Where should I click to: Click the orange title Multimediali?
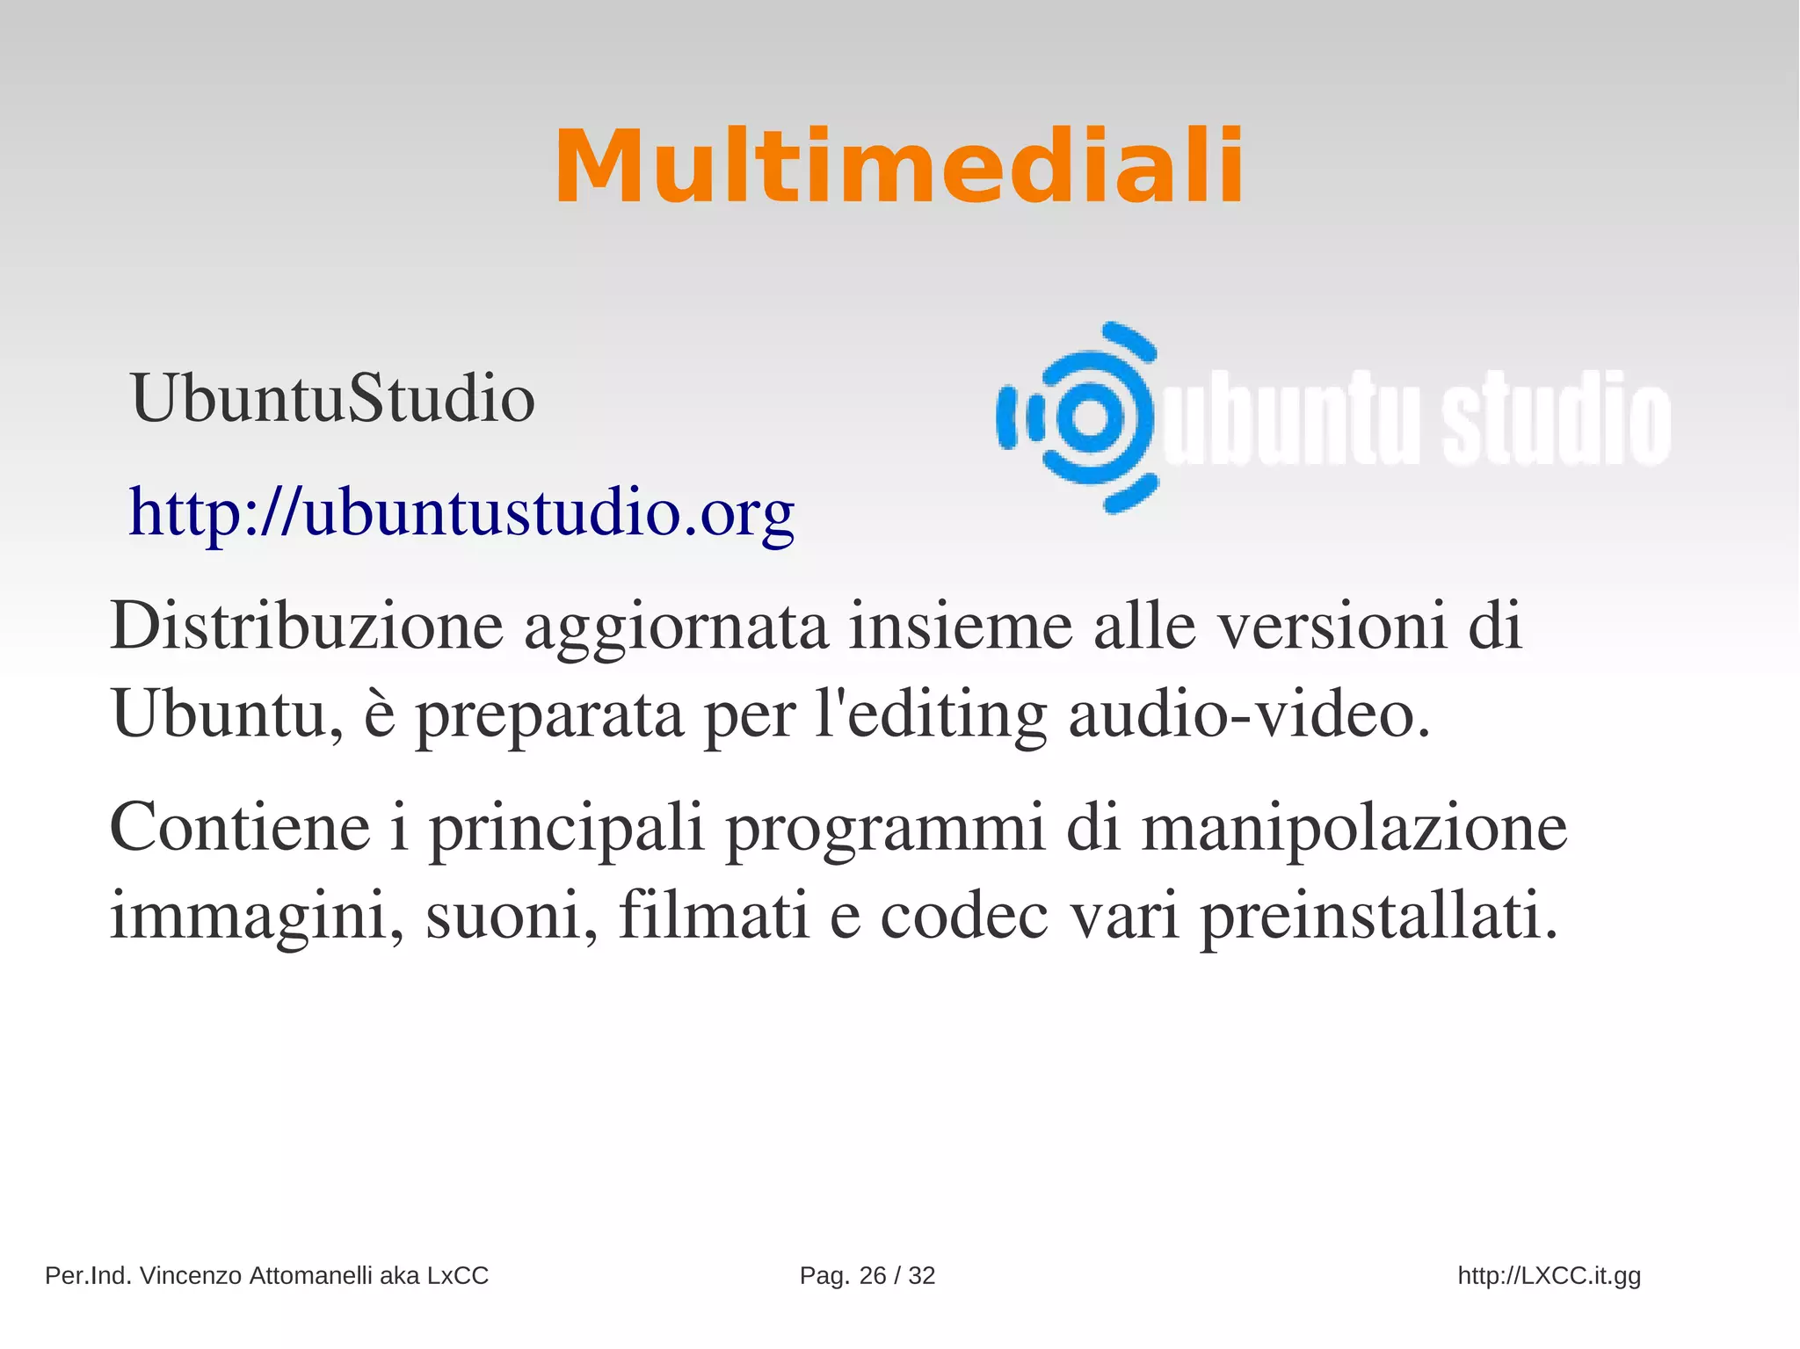(x=898, y=167)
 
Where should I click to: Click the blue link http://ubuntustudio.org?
(x=461, y=512)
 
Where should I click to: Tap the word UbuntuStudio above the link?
(x=332, y=398)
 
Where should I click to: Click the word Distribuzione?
(x=307, y=626)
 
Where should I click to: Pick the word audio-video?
(x=1248, y=714)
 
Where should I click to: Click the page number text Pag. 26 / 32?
(x=867, y=1275)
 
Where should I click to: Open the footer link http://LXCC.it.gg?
(x=1549, y=1275)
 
